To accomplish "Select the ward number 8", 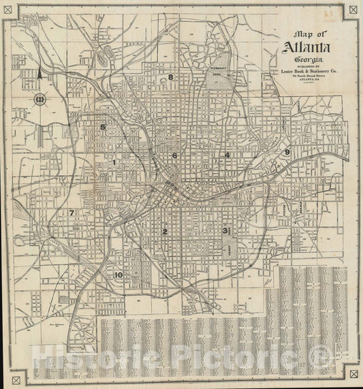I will [171, 77].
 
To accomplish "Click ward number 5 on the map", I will [103, 127].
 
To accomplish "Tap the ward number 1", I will [114, 162].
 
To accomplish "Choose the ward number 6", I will [175, 155].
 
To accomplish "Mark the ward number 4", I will [227, 155].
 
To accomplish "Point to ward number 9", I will [287, 152].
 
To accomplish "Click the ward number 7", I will [71, 213].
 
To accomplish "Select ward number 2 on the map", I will [164, 232].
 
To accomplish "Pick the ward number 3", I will [224, 230].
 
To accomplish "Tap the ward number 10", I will [119, 275].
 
